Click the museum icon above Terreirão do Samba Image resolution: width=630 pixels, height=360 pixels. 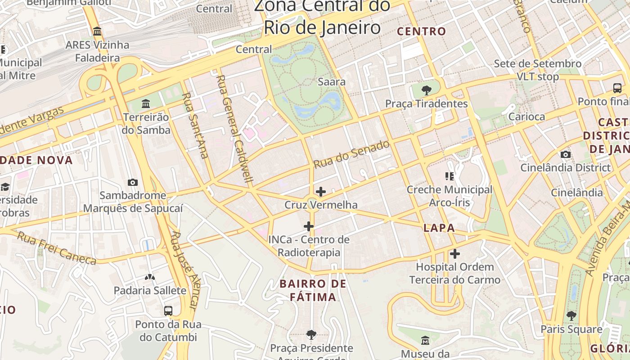click(x=145, y=104)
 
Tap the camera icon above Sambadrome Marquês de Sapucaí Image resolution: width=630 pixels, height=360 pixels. click(x=132, y=182)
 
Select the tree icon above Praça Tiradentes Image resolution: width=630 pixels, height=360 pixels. click(x=426, y=90)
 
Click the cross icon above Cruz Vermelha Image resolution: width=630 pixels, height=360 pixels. click(x=321, y=192)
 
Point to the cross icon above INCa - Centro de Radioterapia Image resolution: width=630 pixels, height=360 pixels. click(x=309, y=226)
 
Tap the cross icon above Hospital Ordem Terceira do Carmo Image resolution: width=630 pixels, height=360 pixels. click(x=455, y=254)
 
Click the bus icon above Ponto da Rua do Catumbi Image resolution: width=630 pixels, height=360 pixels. click(x=168, y=311)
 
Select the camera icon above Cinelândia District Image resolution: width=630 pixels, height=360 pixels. click(x=566, y=155)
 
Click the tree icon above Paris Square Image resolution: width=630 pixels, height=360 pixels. click(x=571, y=316)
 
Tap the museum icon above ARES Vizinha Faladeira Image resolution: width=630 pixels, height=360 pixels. click(x=97, y=31)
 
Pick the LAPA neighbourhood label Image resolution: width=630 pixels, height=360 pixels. click(x=439, y=228)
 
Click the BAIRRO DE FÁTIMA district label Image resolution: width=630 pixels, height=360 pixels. click(x=313, y=290)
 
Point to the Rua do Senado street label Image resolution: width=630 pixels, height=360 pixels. click(x=351, y=154)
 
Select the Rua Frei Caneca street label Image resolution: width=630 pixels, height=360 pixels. click(x=57, y=248)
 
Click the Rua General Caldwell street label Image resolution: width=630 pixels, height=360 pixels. click(x=235, y=129)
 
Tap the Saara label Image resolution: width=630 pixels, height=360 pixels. click(x=332, y=82)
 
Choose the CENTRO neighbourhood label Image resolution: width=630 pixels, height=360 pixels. click(x=422, y=31)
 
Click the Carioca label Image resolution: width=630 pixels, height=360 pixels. click(x=526, y=117)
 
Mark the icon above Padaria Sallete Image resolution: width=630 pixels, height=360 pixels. click(x=149, y=277)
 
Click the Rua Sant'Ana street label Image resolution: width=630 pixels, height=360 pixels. click(x=195, y=126)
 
